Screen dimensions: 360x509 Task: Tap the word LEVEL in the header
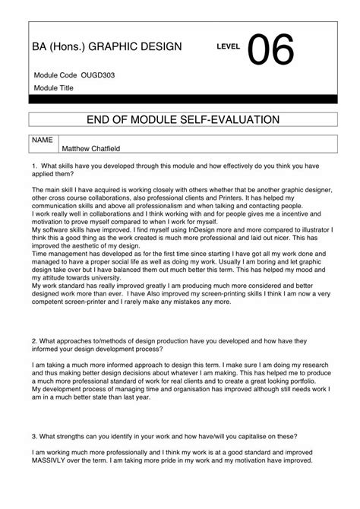pos(228,47)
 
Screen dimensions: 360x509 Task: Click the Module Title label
pos(53,88)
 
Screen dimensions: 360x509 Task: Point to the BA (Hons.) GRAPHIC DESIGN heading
pos(107,47)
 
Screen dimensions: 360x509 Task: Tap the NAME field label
pos(43,140)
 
